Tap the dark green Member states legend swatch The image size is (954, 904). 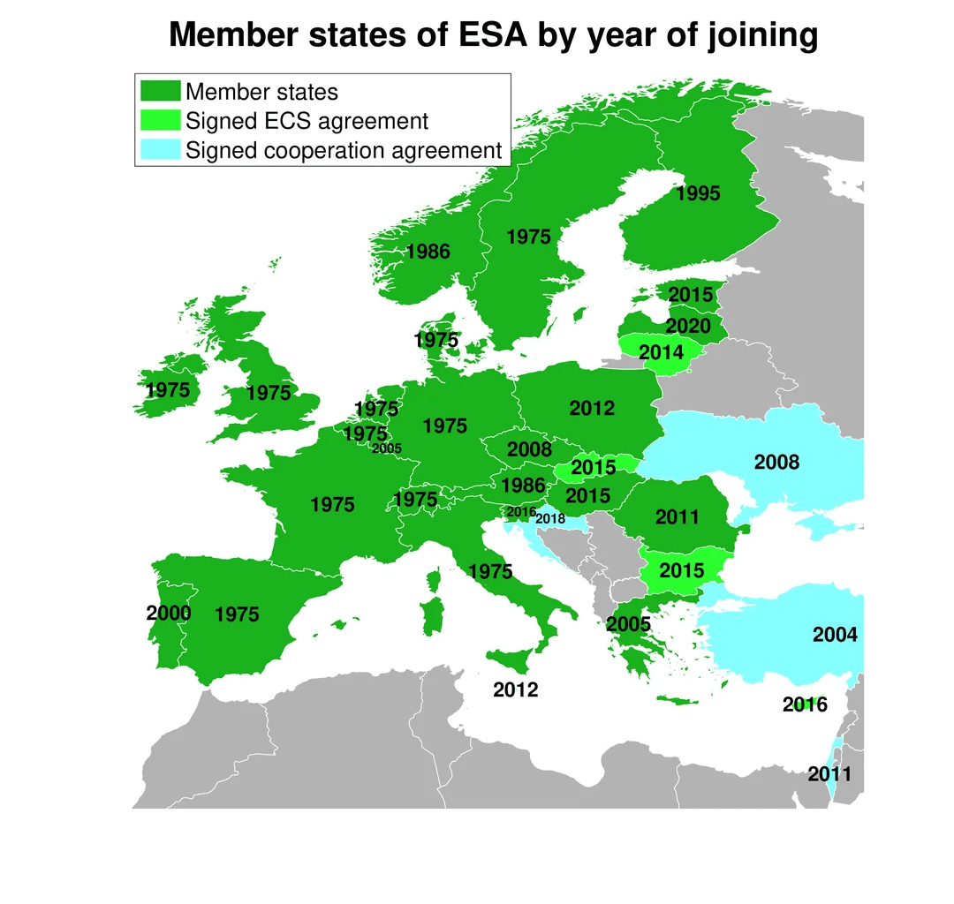point(160,91)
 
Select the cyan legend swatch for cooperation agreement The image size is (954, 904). point(160,150)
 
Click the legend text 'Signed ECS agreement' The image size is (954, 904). point(307,121)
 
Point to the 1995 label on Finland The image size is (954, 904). point(698,193)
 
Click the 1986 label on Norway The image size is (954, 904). point(428,252)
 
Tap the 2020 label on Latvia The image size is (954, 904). point(688,326)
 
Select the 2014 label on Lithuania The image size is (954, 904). point(661,352)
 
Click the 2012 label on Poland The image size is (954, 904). point(592,408)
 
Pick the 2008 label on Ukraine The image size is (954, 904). point(777,462)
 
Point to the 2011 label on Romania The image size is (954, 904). point(678,517)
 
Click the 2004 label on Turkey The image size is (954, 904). point(835,634)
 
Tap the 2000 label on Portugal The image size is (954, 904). point(169,613)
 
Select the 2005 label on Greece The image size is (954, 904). point(628,624)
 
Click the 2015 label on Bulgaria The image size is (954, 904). point(682,569)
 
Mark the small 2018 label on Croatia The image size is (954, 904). point(550,519)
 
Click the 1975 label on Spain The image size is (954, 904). point(237,614)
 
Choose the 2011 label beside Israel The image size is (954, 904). point(829,774)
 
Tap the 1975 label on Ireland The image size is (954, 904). point(168,389)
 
